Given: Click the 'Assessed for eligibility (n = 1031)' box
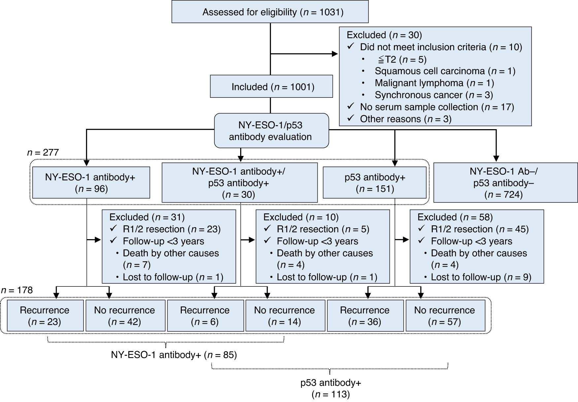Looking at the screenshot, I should [270, 13].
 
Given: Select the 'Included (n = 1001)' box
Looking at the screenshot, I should [271, 87].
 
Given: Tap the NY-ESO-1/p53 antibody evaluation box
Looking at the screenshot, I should [271, 131].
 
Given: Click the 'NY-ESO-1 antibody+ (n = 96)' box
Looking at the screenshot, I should [90, 183].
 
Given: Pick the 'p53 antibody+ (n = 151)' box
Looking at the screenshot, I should [374, 183].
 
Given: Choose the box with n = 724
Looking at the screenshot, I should [505, 183].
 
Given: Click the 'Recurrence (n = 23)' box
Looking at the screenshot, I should [45, 315].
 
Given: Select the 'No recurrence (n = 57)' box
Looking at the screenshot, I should [445, 315].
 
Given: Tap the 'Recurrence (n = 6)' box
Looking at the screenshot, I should [205, 315].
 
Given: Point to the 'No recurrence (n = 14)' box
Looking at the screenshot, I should [285, 315].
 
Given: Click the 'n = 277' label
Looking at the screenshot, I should [43, 153].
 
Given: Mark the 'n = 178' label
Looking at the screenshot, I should [17, 290].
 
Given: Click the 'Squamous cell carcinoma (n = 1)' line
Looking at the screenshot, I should [445, 71].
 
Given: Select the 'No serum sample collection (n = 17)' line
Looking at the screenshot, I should [436, 107].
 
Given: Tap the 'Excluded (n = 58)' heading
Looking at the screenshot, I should [455, 217].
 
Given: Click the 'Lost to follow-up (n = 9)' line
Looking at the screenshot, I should [481, 277].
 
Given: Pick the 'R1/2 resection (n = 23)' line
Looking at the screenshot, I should [171, 229].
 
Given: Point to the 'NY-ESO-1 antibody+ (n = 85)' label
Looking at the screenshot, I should [174, 355].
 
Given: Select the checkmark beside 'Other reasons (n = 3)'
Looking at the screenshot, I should [350, 118].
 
